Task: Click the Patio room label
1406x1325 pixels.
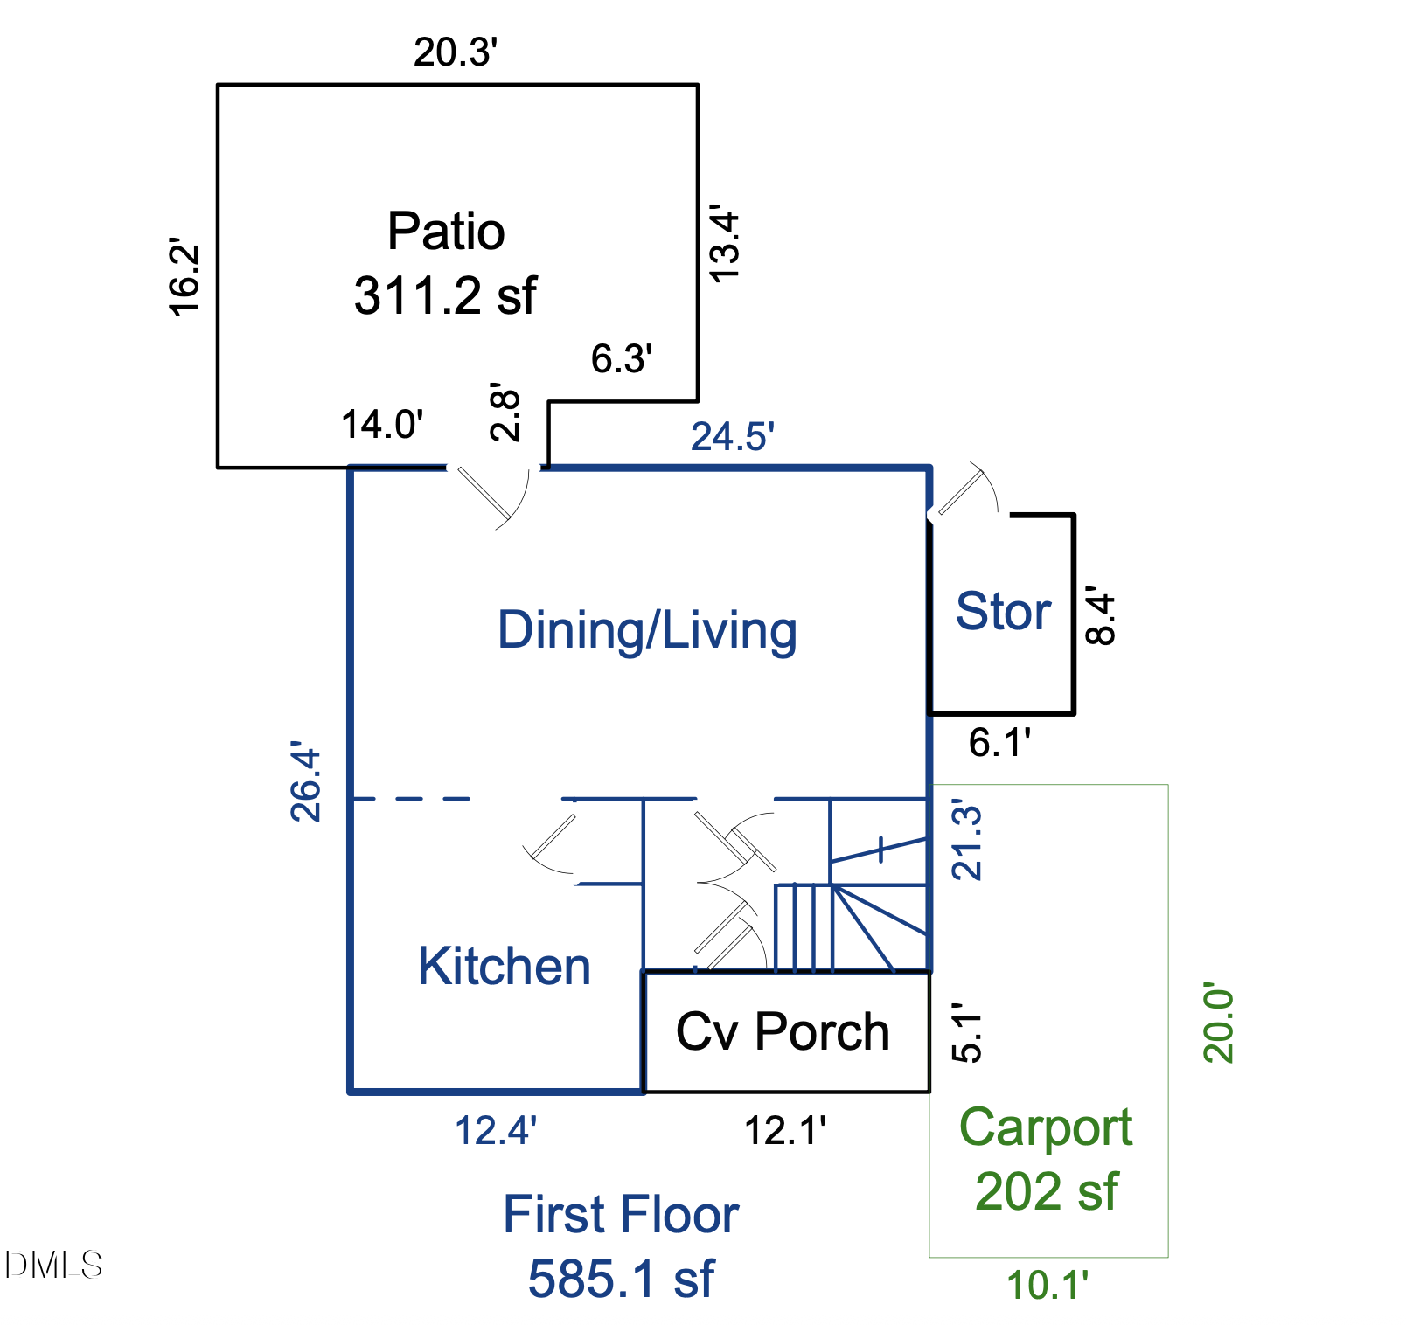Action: (446, 232)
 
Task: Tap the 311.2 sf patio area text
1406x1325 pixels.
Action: (445, 295)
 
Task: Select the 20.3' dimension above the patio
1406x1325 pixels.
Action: (456, 52)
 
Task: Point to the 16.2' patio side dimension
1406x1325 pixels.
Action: (184, 276)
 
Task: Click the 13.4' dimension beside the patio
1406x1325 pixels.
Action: (725, 244)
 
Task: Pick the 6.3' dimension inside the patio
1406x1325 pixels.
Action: (622, 359)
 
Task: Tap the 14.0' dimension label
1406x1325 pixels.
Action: (382, 425)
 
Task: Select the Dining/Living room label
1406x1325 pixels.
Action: (647, 630)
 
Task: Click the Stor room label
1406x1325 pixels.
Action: (1003, 611)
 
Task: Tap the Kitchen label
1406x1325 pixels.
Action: (505, 967)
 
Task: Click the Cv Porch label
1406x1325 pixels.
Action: (783, 1031)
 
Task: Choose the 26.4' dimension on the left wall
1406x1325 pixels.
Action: (306, 782)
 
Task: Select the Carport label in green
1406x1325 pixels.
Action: (1046, 1127)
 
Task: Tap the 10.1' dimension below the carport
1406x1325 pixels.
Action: (1048, 1286)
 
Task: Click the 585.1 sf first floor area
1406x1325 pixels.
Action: (621, 1279)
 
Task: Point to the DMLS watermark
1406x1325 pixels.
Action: (53, 1265)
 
